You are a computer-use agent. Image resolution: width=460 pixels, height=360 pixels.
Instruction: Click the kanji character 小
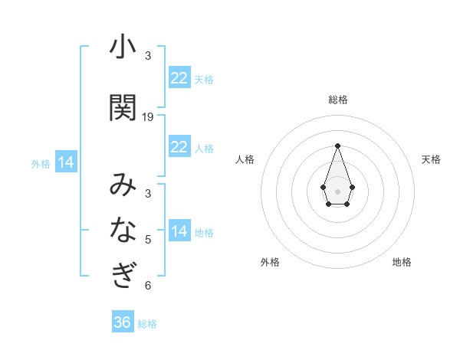click(x=123, y=47)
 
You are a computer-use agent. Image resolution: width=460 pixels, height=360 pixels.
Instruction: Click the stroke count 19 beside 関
click(x=148, y=117)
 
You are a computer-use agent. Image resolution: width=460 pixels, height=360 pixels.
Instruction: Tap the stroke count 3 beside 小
click(x=148, y=56)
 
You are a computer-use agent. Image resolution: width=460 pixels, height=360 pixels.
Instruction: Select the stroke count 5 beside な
click(x=148, y=239)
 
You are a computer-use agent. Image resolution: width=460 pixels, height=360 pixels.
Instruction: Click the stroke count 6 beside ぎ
click(x=148, y=286)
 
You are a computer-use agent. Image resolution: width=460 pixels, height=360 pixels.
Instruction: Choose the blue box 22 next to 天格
click(x=179, y=78)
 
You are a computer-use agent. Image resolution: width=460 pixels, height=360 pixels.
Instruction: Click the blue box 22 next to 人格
click(x=179, y=147)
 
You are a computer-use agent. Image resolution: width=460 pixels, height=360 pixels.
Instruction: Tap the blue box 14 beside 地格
click(x=179, y=231)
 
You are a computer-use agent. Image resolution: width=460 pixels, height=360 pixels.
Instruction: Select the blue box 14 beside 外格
click(x=66, y=162)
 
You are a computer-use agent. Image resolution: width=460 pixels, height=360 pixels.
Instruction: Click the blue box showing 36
click(x=123, y=322)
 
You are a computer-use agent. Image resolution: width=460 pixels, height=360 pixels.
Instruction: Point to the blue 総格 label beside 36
click(x=147, y=324)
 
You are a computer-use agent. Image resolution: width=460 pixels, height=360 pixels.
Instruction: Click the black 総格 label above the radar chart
click(x=337, y=100)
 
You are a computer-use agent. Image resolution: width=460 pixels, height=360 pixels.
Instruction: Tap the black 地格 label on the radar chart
click(x=402, y=262)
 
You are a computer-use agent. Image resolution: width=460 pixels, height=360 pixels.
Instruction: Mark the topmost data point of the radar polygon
click(x=337, y=145)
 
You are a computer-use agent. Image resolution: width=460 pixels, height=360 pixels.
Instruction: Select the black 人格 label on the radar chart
click(x=245, y=159)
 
